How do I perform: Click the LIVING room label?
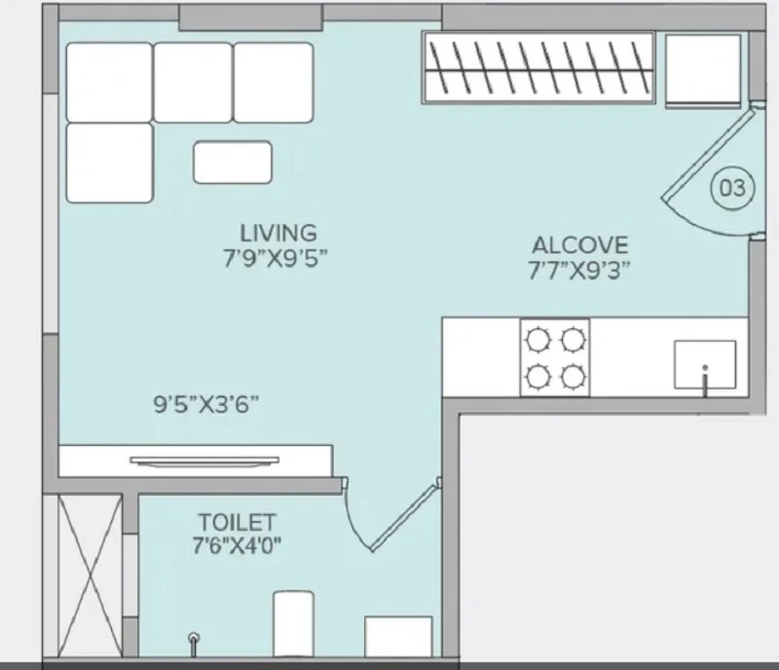tap(278, 233)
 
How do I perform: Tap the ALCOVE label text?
tap(579, 245)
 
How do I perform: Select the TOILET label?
tap(237, 522)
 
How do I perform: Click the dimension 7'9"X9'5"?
tap(276, 258)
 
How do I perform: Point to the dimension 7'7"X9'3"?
tap(578, 271)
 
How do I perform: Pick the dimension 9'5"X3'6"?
tap(206, 404)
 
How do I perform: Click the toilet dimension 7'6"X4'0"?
tap(237, 545)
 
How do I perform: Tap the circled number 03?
tap(733, 188)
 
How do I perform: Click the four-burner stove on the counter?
tap(555, 357)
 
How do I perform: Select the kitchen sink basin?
tap(704, 364)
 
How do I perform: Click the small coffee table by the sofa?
tap(233, 162)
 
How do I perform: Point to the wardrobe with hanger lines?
tap(538, 67)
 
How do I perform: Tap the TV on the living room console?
tap(204, 461)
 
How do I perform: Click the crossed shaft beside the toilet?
tap(90, 576)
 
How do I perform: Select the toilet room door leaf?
tap(405, 516)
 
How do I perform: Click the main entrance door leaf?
tap(708, 155)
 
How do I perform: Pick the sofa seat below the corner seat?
tap(109, 163)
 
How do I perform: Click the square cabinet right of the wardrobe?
tap(703, 70)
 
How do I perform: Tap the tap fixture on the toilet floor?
tap(194, 644)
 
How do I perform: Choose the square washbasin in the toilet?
tap(398, 637)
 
